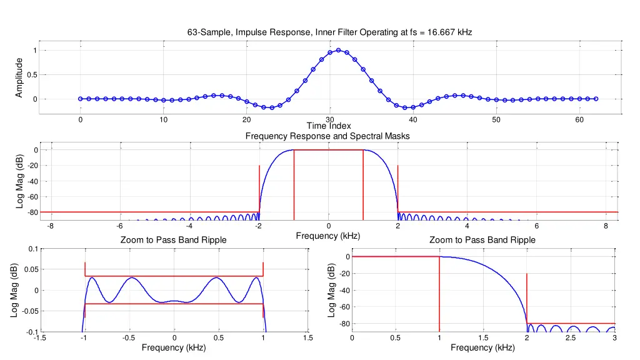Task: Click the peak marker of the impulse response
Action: click(x=338, y=50)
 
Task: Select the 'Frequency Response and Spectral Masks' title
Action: click(x=327, y=136)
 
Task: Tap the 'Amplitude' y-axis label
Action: click(x=19, y=77)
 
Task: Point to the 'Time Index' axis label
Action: click(x=329, y=126)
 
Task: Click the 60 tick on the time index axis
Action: click(x=579, y=119)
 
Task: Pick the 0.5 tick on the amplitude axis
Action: click(x=32, y=75)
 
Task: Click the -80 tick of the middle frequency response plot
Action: click(x=31, y=212)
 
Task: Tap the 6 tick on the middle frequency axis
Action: click(x=536, y=226)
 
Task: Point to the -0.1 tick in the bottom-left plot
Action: click(x=28, y=332)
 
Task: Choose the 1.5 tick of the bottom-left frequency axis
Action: click(x=307, y=338)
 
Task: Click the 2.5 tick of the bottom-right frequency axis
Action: click(x=571, y=338)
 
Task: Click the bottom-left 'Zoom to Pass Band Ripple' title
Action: click(x=173, y=240)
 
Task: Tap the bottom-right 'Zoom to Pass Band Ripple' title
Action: click(x=482, y=240)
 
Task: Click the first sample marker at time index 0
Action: click(x=81, y=99)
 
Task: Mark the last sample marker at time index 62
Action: click(x=596, y=99)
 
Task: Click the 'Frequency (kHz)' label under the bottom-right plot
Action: click(x=482, y=347)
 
